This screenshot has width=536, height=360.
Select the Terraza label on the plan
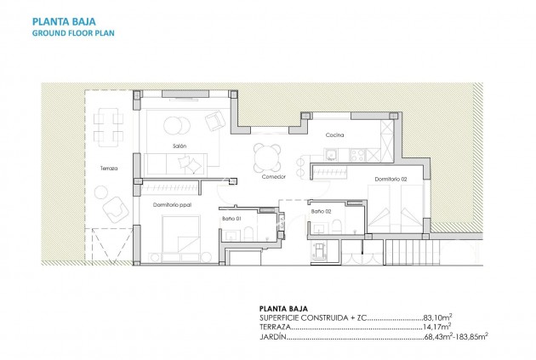click(x=108, y=169)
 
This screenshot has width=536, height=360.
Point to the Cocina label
click(x=334, y=135)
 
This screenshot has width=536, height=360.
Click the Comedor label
click(x=273, y=176)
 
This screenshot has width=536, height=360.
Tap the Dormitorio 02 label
click(x=391, y=180)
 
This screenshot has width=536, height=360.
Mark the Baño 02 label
click(x=321, y=211)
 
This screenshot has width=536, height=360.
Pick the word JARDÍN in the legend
click(x=272, y=337)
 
